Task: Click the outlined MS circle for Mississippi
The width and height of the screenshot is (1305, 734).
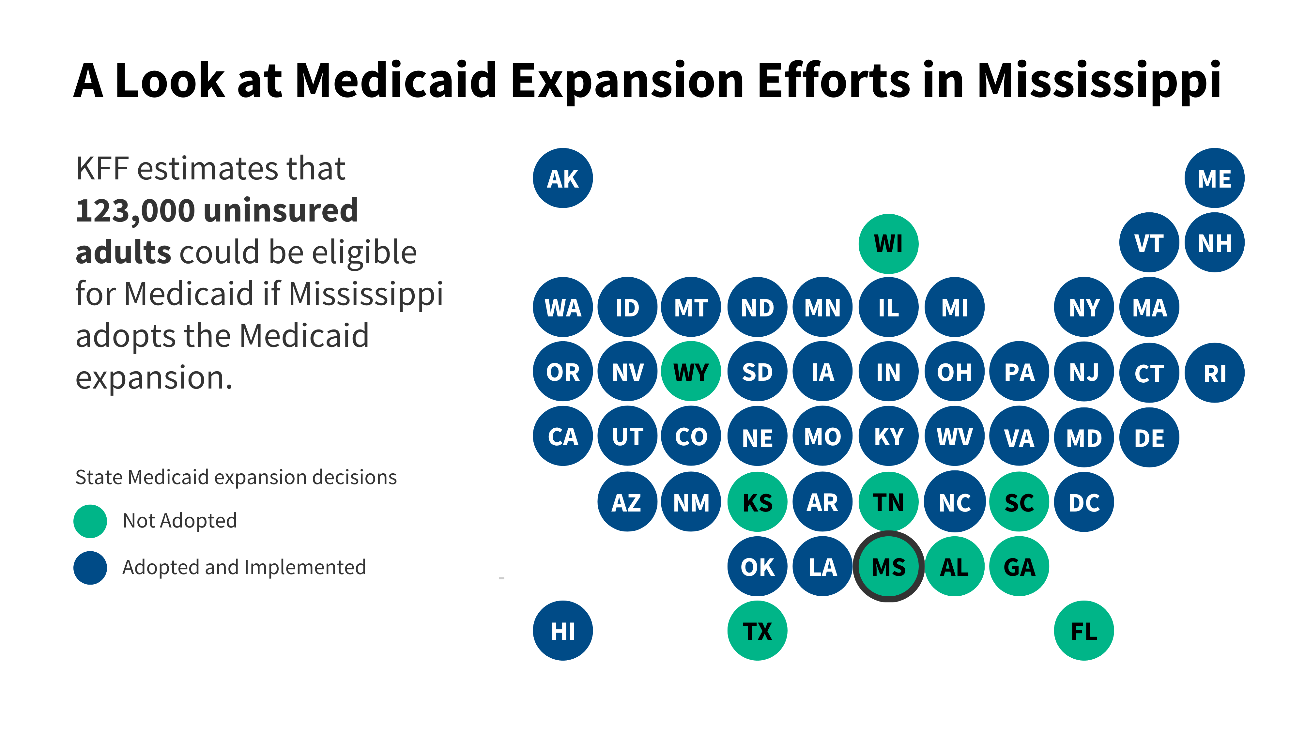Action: coord(889,566)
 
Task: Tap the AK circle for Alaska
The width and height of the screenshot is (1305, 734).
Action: coord(563,178)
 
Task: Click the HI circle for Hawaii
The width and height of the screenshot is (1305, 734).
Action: coord(563,631)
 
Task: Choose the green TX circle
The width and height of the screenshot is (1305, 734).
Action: coord(757,631)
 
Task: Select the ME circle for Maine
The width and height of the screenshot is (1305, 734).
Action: coord(1214,178)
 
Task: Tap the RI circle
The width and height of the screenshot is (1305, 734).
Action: coord(1214,373)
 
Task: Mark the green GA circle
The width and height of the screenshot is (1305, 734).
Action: coord(1019,566)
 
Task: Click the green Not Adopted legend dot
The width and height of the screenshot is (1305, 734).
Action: coord(90,521)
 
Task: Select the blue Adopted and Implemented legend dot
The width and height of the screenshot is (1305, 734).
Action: coord(90,567)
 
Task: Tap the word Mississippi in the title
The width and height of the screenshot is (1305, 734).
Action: coord(1098,81)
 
